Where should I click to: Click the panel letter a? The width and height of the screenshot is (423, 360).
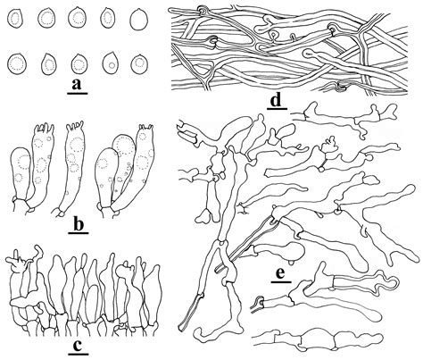click(77, 85)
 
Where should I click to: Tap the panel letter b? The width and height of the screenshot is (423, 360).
click(78, 225)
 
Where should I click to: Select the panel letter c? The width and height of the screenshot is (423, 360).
click(78, 346)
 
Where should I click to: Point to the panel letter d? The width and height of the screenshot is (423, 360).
click(277, 100)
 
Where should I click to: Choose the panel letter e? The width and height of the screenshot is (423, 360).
click(281, 273)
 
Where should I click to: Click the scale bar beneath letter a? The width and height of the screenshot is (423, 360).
click(78, 93)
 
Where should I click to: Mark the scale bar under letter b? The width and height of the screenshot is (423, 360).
click(79, 233)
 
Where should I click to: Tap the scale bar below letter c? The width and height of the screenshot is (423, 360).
click(79, 354)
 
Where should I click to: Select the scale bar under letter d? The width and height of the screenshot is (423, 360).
click(277, 109)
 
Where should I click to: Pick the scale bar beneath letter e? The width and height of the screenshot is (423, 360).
click(281, 281)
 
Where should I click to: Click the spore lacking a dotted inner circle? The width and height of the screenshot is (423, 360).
click(139, 20)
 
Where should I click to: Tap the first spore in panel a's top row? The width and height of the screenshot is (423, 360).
click(15, 19)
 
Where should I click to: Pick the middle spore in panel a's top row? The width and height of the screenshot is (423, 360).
click(77, 18)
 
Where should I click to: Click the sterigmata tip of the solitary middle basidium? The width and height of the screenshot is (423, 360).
click(74, 126)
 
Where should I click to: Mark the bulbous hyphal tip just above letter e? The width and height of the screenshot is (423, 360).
click(293, 251)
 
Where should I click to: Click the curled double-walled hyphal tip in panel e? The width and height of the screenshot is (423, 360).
click(387, 284)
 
